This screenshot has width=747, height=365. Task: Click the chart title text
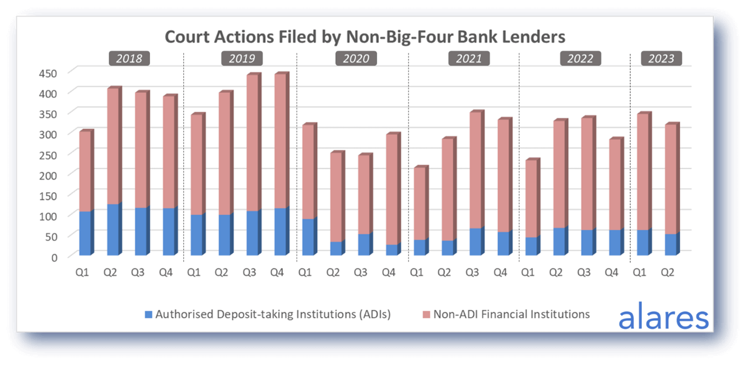[365, 37]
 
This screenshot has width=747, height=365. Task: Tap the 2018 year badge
[129, 58]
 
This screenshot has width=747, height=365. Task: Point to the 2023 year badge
[661, 58]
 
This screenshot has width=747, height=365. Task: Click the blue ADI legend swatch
[148, 314]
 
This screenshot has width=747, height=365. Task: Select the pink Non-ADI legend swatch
[426, 314]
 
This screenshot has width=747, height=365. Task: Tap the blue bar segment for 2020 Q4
[392, 250]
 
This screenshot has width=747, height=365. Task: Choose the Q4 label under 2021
[501, 273]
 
